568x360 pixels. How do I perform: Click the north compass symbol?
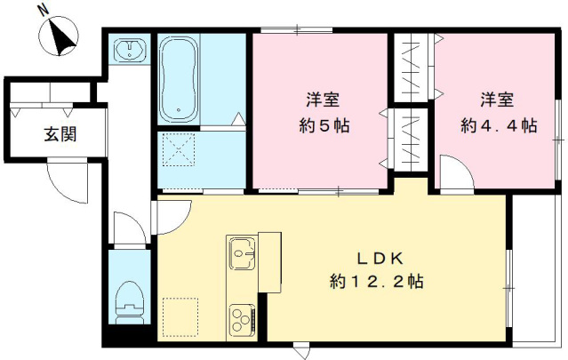59,37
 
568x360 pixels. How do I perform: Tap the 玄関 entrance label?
60,135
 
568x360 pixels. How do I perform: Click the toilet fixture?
131,299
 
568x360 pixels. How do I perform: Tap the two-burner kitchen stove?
242,316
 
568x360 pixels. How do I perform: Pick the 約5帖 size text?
323,125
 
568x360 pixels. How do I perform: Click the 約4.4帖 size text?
498,125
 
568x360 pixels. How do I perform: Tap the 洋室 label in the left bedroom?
323,99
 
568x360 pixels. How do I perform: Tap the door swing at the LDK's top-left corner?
173,213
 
